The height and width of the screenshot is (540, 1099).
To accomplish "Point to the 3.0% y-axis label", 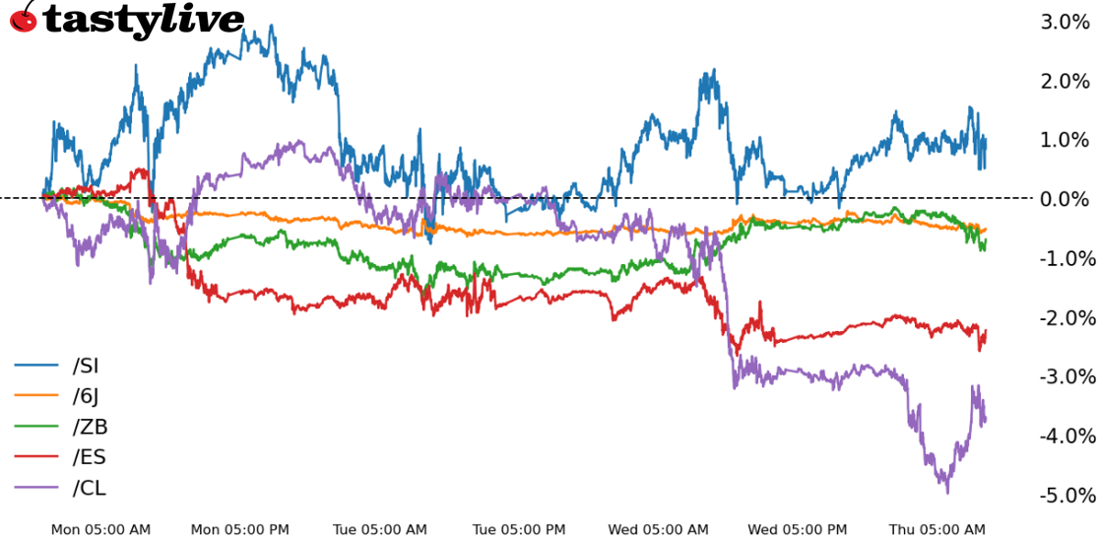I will coord(1065,22).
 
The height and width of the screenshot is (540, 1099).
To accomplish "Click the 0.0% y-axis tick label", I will coord(1065,199).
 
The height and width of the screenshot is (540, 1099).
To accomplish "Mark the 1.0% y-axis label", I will coord(1065,140).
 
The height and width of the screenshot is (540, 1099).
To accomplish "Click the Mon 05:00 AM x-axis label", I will coord(100,530).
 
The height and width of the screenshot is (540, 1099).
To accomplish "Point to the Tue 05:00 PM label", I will coord(519,530).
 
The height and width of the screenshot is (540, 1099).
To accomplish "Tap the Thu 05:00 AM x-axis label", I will coord(937,530).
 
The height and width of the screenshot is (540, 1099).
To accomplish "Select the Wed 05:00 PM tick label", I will coord(798,530).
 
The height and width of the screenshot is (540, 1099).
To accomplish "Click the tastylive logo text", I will coord(143,20).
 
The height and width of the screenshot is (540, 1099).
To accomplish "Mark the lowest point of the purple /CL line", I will coord(947,492).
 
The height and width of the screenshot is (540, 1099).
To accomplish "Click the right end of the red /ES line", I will coord(985,332).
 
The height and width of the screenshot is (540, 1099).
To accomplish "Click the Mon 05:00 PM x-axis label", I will coord(239,530).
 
